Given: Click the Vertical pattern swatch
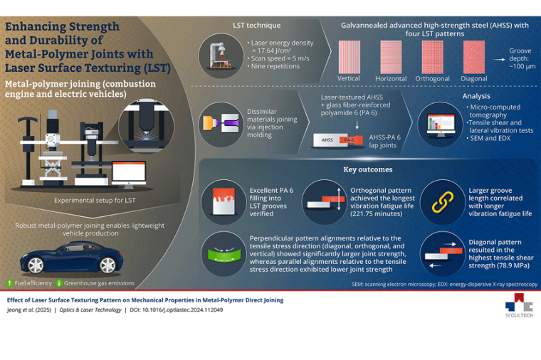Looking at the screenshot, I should (x=348, y=56).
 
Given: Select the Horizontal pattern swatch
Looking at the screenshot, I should (x=391, y=56).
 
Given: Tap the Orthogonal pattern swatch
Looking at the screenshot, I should (x=433, y=56).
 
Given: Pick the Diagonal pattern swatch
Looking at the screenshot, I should (x=473, y=56).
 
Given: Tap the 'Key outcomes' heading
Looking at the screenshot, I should (x=367, y=170).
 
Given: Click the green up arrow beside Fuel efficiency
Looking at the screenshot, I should (x=9, y=282).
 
